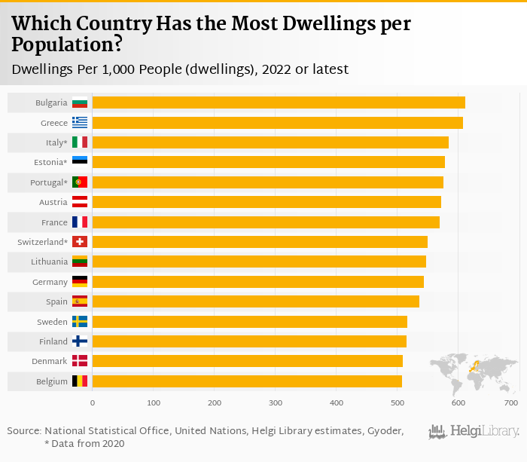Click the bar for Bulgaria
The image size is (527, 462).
279,102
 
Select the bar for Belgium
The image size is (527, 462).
247,381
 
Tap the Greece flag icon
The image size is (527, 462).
80,123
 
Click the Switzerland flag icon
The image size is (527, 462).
80,242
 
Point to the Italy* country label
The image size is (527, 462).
53,142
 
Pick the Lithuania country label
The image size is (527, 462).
50,262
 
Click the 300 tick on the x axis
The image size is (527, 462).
276,403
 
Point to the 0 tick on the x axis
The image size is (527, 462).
93,403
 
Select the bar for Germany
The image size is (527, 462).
258,282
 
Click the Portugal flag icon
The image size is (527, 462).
80,182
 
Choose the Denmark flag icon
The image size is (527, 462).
80,361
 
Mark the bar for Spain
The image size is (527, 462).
256,301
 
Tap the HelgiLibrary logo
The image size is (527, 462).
474,432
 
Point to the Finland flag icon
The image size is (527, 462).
80,341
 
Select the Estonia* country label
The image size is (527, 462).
50,162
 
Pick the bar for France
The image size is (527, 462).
266,222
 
